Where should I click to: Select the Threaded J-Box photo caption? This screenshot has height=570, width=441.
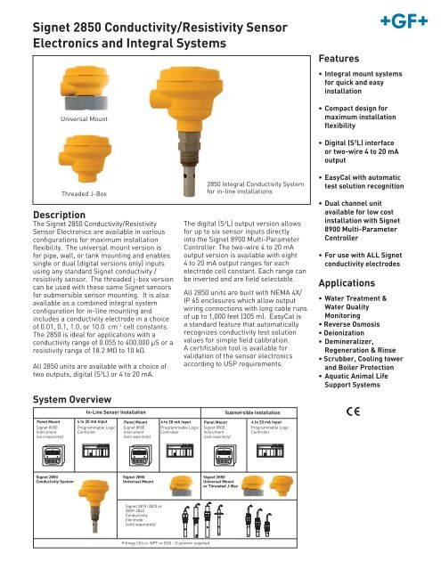(84, 193)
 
